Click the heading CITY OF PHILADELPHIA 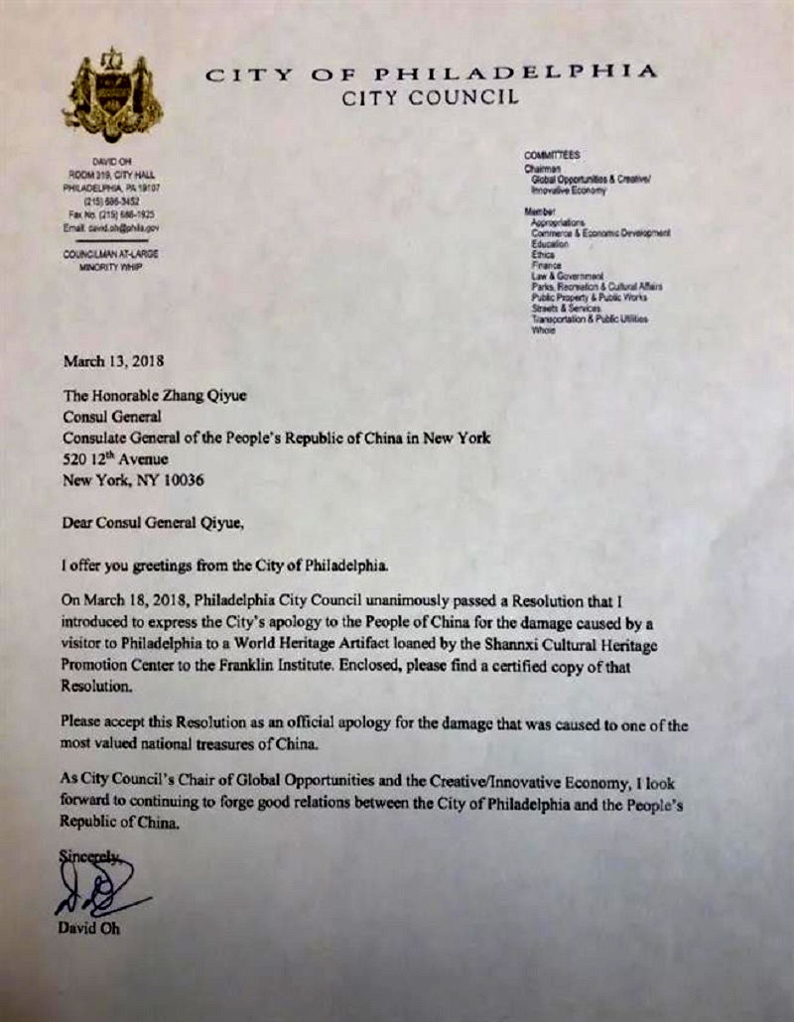[x=431, y=72]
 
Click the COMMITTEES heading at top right [x=552, y=156]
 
